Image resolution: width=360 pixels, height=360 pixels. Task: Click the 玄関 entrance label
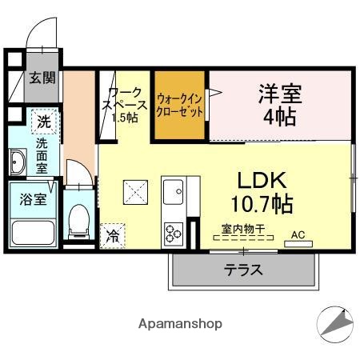tap(42, 78)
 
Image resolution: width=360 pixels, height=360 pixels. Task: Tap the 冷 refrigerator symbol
tap(113, 234)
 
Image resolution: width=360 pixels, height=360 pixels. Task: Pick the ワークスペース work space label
tap(126, 105)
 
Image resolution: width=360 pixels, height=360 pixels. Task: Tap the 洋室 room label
tap(279, 105)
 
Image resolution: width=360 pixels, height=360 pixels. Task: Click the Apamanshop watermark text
tap(180, 324)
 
